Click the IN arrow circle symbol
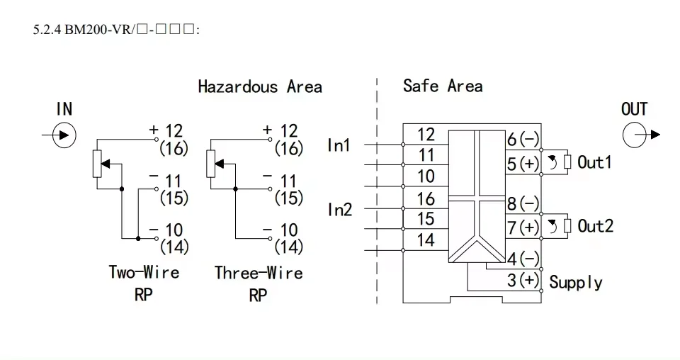(64, 135)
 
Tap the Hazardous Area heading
(259, 87)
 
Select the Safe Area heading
(443, 86)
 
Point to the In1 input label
(339, 145)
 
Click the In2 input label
(339, 210)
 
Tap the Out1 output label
(594, 162)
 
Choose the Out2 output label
(595, 226)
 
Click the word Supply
(576, 282)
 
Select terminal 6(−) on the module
(523, 140)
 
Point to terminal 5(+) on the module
(523, 164)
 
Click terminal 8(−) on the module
(523, 204)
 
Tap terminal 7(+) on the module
(523, 227)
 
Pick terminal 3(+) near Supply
(523, 280)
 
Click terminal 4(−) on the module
(523, 259)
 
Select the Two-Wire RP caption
(144, 283)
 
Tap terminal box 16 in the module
(425, 198)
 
